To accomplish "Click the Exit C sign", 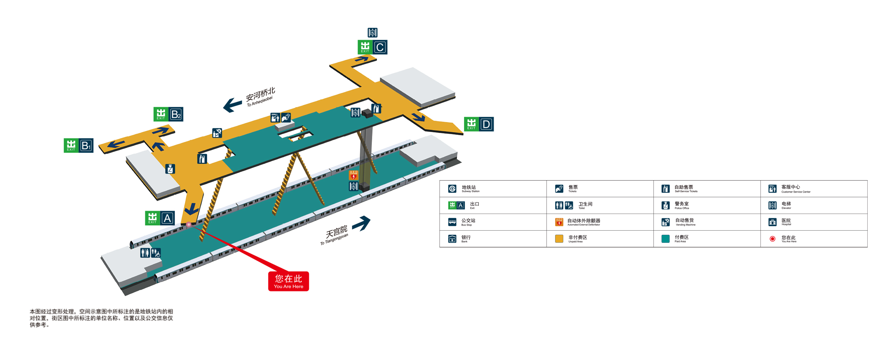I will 372,47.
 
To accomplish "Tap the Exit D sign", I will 479,124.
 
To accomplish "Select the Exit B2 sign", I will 168,114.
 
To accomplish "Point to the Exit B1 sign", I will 78,145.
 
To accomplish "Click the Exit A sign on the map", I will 160,218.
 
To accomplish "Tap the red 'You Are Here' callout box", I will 288,281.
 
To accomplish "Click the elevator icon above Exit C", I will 372,33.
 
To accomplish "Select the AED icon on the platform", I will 353,175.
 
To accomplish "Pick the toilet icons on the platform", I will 151,253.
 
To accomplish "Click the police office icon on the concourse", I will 170,169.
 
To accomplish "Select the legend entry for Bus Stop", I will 463,222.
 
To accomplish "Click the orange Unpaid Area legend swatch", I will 559,239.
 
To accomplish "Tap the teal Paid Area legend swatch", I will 665,239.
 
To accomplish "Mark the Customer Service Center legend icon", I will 772,189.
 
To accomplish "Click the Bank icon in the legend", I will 452,239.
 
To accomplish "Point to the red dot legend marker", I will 772,239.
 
